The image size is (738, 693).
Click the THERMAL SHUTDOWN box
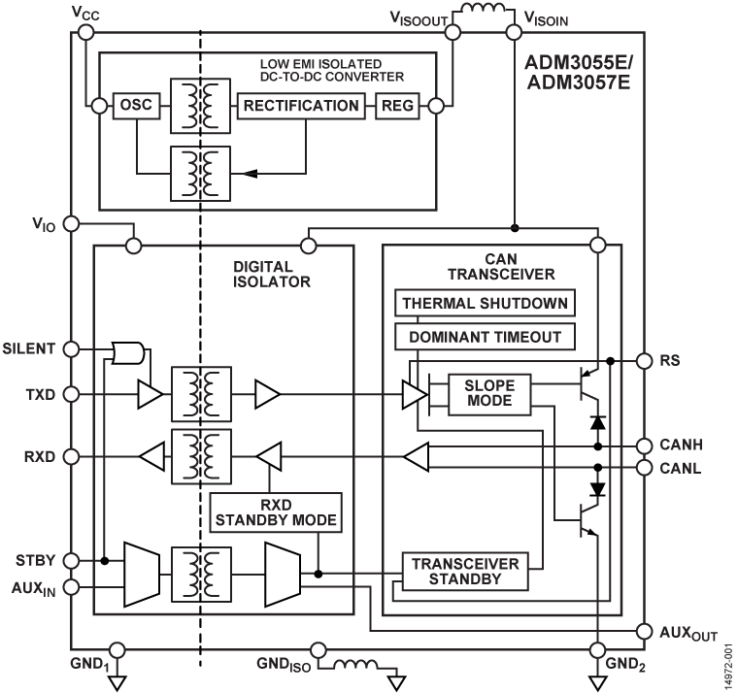coord(484,304)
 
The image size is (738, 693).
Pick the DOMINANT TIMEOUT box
coord(484,336)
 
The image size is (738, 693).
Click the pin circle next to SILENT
coord(71,347)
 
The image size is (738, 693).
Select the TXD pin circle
coord(71,395)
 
